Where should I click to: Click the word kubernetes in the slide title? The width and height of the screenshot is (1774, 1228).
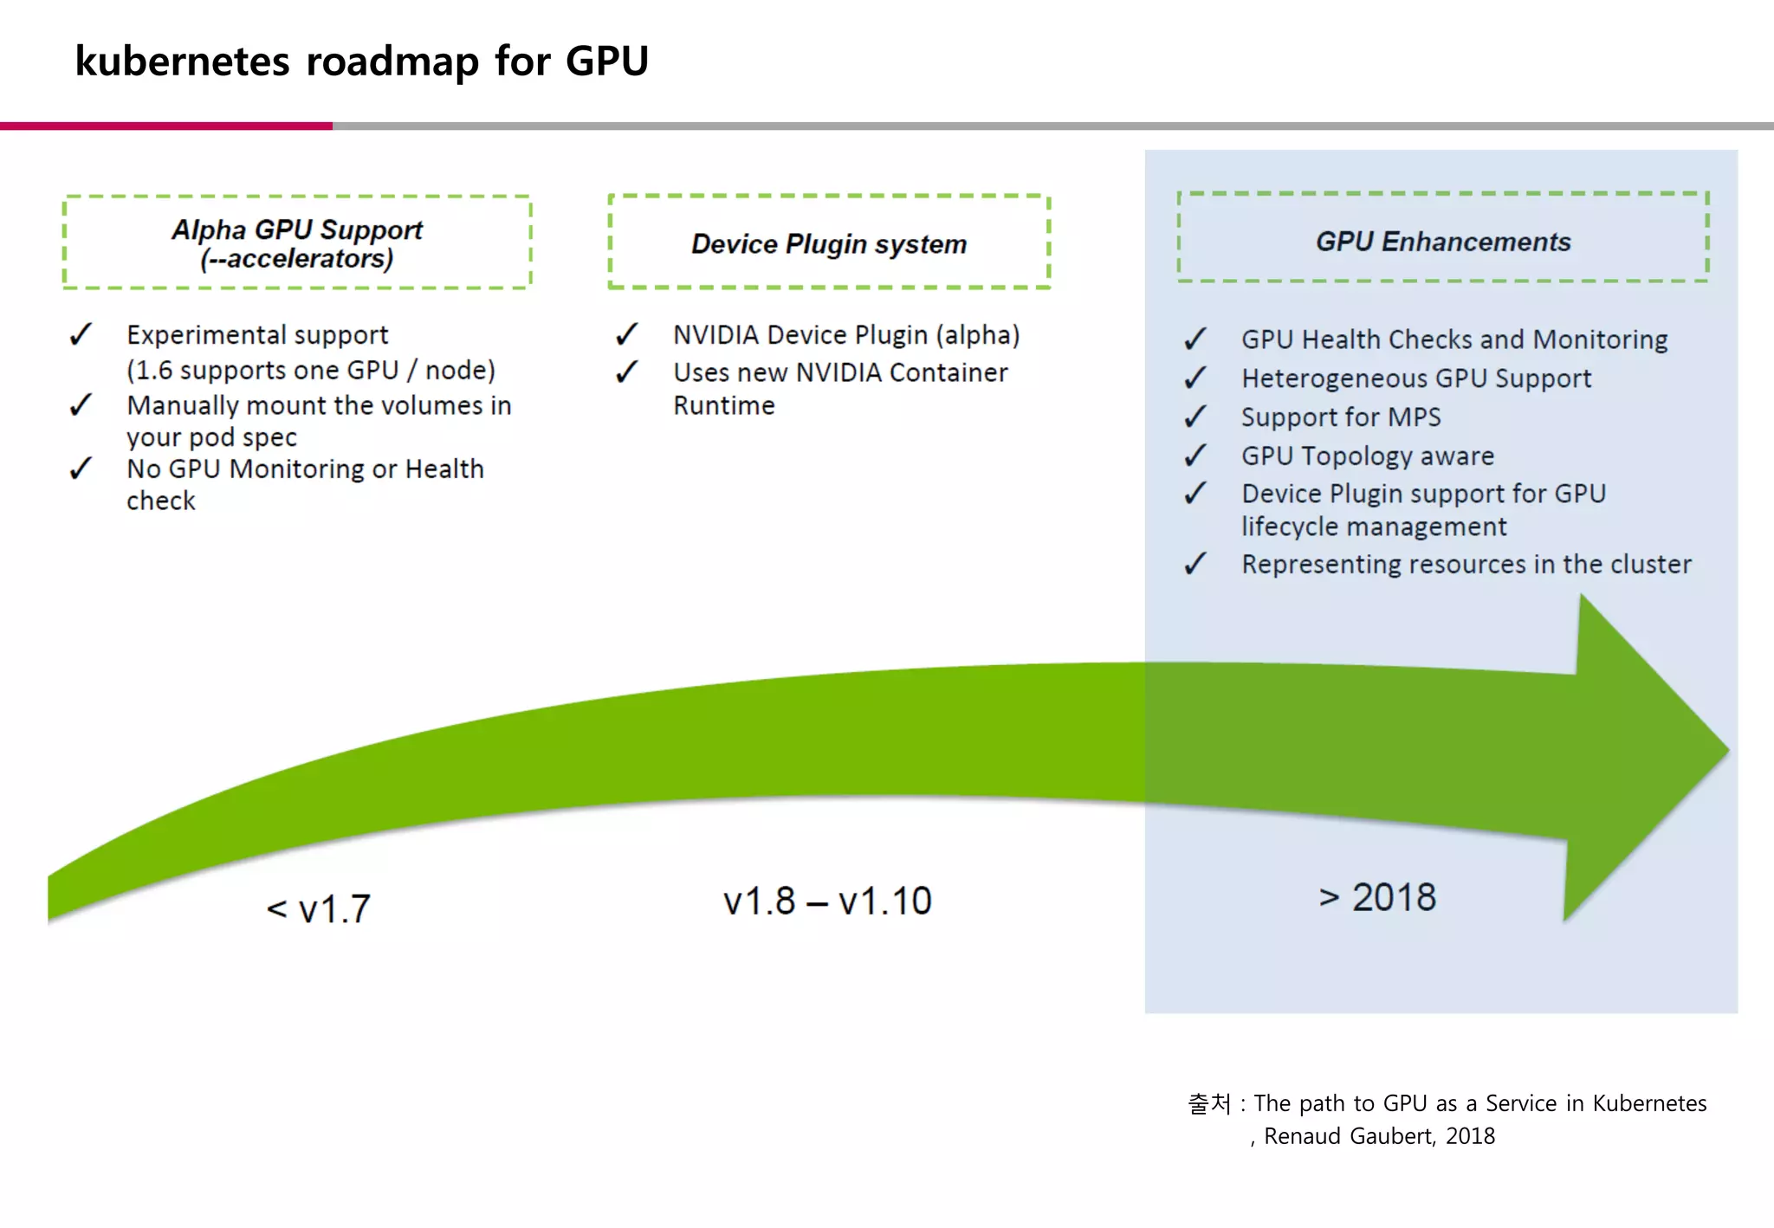(182, 61)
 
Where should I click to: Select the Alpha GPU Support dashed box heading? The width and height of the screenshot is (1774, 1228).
(297, 243)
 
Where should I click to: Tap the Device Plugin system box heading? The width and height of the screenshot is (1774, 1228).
(829, 244)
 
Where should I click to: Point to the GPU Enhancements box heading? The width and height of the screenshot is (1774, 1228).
(1443, 242)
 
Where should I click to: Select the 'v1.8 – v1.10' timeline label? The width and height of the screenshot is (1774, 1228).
(827, 902)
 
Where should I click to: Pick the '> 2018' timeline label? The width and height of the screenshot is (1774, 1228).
(1377, 897)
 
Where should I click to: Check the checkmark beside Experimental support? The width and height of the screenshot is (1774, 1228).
(81, 334)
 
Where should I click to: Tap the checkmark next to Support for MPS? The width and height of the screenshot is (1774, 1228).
(1195, 417)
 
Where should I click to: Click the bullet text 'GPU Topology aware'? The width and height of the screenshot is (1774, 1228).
(1368, 456)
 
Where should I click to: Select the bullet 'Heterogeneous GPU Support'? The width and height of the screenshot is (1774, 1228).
(1416, 378)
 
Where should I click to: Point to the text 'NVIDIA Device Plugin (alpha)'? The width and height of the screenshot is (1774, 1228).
(846, 335)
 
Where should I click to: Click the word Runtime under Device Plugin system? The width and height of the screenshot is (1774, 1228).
(724, 405)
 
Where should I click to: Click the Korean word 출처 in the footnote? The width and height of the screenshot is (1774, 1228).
(1209, 1103)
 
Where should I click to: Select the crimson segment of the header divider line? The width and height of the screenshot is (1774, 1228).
(165, 126)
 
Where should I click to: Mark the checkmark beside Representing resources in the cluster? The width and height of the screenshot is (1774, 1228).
(1195, 564)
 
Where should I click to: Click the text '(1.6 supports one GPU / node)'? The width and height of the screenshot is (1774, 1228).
(311, 370)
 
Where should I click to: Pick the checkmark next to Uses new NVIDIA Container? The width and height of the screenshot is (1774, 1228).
(627, 372)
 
